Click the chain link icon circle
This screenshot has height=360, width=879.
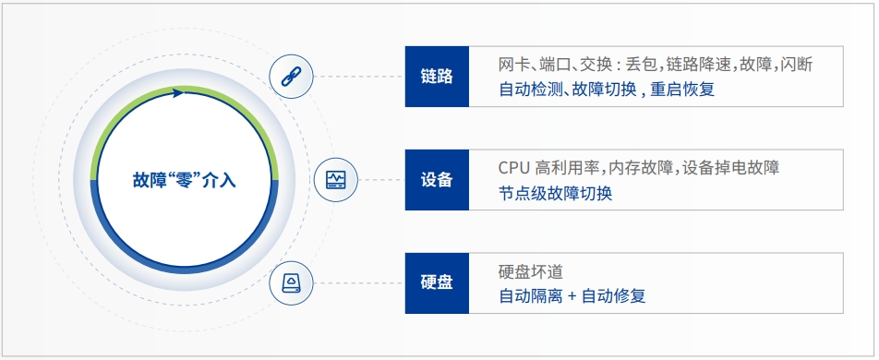click(x=292, y=76)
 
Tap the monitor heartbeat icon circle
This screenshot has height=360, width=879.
click(x=336, y=179)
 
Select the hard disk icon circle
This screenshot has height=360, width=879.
click(x=292, y=282)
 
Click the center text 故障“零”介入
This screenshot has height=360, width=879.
click(x=185, y=180)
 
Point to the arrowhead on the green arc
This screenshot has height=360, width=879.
click(x=178, y=91)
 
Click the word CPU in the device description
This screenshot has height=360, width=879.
click(x=513, y=168)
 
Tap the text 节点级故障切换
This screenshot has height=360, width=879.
click(x=556, y=193)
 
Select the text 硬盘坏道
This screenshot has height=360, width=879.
click(x=530, y=271)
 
